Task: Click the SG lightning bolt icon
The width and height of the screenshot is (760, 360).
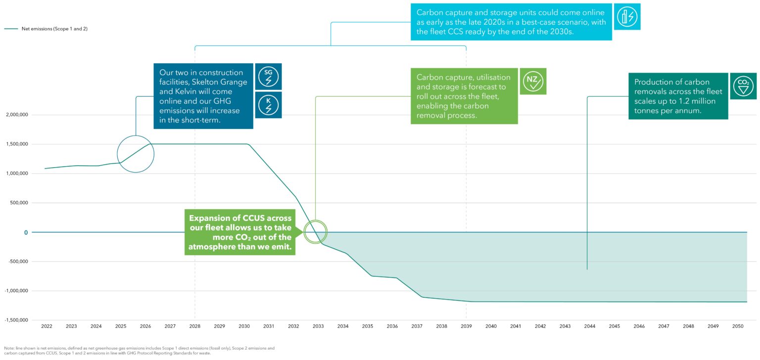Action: point(268,76)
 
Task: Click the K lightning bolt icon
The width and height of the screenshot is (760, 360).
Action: point(268,105)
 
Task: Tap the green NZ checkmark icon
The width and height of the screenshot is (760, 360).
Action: point(533,81)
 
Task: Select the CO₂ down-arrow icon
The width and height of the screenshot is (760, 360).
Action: point(743,86)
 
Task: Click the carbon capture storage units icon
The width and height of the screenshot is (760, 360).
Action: point(627,17)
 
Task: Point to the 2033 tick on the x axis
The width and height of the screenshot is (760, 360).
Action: point(318,326)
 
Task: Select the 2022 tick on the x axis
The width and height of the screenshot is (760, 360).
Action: point(47,326)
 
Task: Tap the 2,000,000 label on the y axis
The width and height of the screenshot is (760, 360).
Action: point(17,115)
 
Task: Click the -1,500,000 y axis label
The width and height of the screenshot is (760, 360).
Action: point(16,320)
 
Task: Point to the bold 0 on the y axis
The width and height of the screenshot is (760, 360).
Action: point(26,232)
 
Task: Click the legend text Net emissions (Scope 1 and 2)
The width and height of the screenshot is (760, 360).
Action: point(54,29)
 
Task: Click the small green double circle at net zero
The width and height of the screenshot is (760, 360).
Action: point(315,232)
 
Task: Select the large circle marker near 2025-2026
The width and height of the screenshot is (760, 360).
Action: point(136,154)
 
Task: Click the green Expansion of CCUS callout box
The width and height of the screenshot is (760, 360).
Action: point(240,232)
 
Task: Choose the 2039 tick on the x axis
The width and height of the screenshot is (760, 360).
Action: point(466,326)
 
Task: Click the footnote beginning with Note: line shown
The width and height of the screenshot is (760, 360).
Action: point(139,351)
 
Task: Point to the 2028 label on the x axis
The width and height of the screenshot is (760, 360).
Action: point(195,326)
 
